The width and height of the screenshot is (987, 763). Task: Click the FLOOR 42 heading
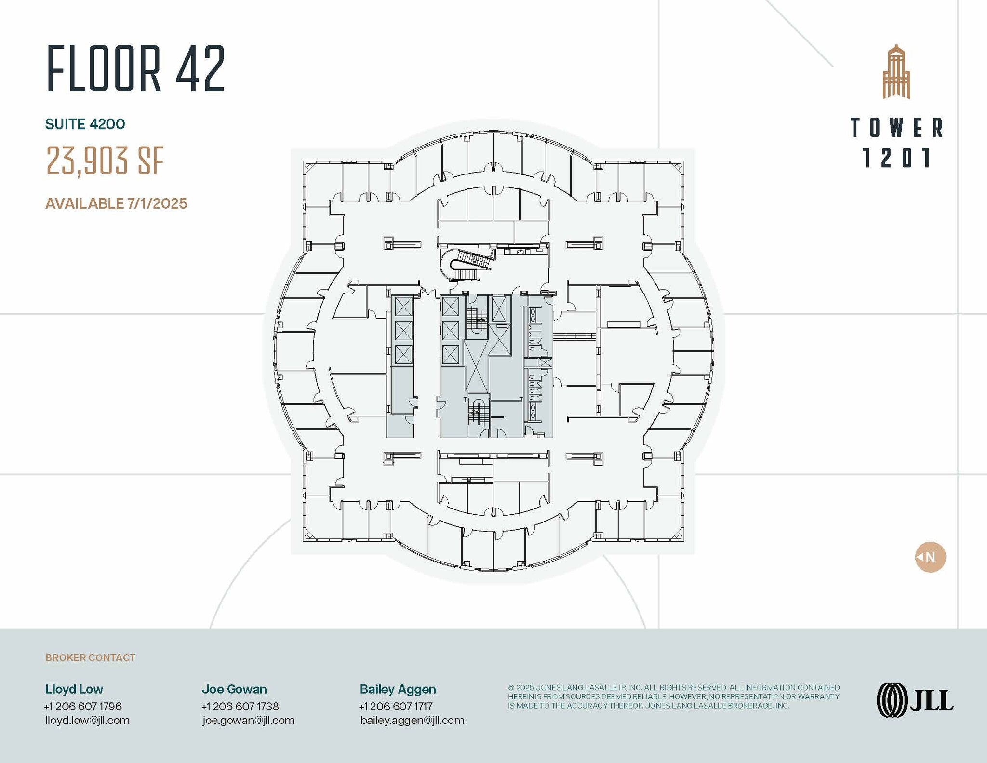[x=136, y=68]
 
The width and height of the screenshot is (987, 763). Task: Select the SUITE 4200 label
[x=85, y=124]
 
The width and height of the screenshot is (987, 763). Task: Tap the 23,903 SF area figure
[x=105, y=161]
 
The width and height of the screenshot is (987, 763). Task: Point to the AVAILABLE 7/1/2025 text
[x=116, y=203]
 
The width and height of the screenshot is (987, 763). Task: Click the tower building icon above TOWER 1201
[x=896, y=72]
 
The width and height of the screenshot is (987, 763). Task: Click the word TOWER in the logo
[x=896, y=128]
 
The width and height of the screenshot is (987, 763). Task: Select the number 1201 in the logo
[x=896, y=158]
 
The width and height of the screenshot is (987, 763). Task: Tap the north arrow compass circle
[x=930, y=557]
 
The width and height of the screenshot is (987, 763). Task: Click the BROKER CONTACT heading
[x=90, y=657]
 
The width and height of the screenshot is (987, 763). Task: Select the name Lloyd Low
[x=74, y=689]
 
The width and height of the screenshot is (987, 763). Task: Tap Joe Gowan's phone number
[x=240, y=706]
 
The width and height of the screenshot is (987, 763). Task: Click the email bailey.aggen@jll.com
[x=412, y=720]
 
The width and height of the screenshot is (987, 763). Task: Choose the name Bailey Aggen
[x=398, y=689]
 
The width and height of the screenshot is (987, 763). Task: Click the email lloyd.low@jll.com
[x=87, y=720]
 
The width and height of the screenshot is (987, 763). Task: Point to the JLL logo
[x=915, y=700]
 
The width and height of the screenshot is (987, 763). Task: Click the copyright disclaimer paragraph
[x=673, y=696]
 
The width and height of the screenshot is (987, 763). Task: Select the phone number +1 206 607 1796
[x=83, y=706]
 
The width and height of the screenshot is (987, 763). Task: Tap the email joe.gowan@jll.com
[x=248, y=720]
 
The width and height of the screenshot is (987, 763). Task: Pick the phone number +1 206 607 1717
[x=396, y=706]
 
